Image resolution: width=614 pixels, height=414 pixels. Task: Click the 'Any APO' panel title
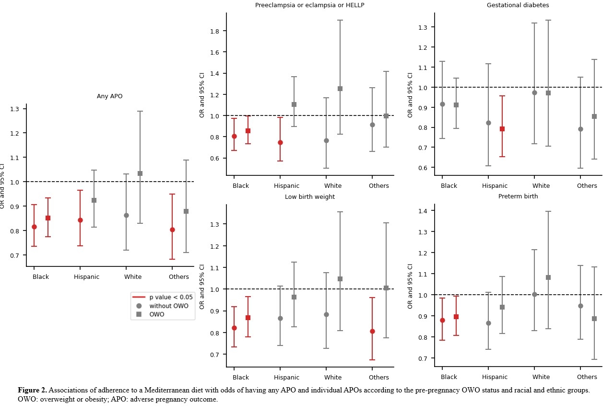[109, 96]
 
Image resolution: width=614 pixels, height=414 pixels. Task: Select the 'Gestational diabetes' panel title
[518, 5]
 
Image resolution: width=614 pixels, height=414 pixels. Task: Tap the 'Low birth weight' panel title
[309, 197]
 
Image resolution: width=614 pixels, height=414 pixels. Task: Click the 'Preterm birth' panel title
[518, 196]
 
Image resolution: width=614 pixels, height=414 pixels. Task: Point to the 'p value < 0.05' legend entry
[170, 297]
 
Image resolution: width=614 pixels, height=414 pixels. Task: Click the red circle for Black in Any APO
[34, 227]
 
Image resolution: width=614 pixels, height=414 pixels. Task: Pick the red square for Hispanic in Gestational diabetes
[502, 129]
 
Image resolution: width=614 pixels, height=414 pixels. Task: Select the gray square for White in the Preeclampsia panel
[340, 89]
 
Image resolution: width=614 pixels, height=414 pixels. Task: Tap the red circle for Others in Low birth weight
[372, 331]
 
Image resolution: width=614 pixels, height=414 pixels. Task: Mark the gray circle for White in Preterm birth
[534, 294]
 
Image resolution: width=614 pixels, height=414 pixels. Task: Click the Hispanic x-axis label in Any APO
[86, 277]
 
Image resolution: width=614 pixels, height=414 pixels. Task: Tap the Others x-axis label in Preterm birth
[587, 378]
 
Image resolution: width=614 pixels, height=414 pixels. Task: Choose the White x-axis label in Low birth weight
[332, 378]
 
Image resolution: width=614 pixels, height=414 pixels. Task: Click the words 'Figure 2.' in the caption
[32, 391]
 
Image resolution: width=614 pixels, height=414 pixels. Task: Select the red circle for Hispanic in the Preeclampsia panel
[280, 142]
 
